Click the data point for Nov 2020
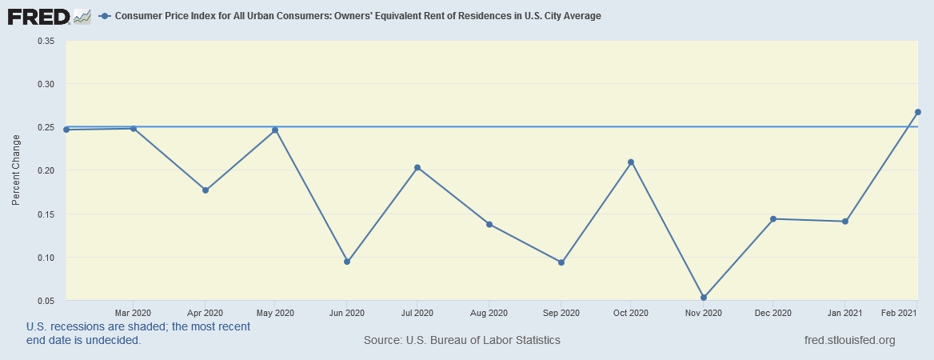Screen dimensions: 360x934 tap(704, 298)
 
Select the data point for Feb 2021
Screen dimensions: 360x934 tap(918, 112)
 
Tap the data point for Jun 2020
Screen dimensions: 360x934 tap(347, 262)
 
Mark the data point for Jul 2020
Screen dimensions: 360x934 tap(417, 167)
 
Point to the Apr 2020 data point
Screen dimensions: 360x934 tap(206, 190)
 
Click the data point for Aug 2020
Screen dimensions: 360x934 tap(489, 224)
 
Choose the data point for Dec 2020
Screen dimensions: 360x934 tap(773, 219)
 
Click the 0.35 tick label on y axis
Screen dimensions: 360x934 tap(45, 41)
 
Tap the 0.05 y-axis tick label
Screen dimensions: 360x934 tap(45, 301)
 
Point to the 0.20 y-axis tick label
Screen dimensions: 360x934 tap(45, 170)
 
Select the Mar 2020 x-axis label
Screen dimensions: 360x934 tap(134, 313)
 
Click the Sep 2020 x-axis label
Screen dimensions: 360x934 tap(561, 313)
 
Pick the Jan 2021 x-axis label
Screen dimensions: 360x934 tap(844, 313)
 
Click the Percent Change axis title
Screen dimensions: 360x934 tap(16, 170)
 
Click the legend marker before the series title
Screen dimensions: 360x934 tap(106, 16)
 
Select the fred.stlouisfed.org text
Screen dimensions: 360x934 tap(849, 341)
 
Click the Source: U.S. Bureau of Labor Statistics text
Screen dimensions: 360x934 tap(461, 341)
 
